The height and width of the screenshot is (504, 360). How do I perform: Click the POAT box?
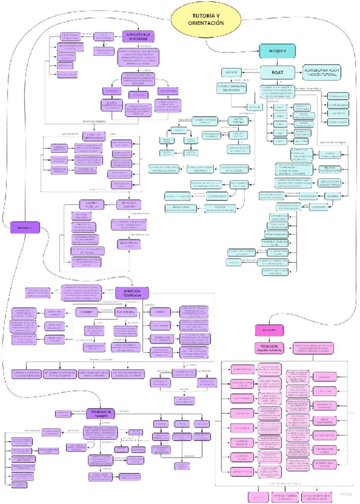[x=277, y=72]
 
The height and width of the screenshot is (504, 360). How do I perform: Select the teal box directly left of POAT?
[x=231, y=72]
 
